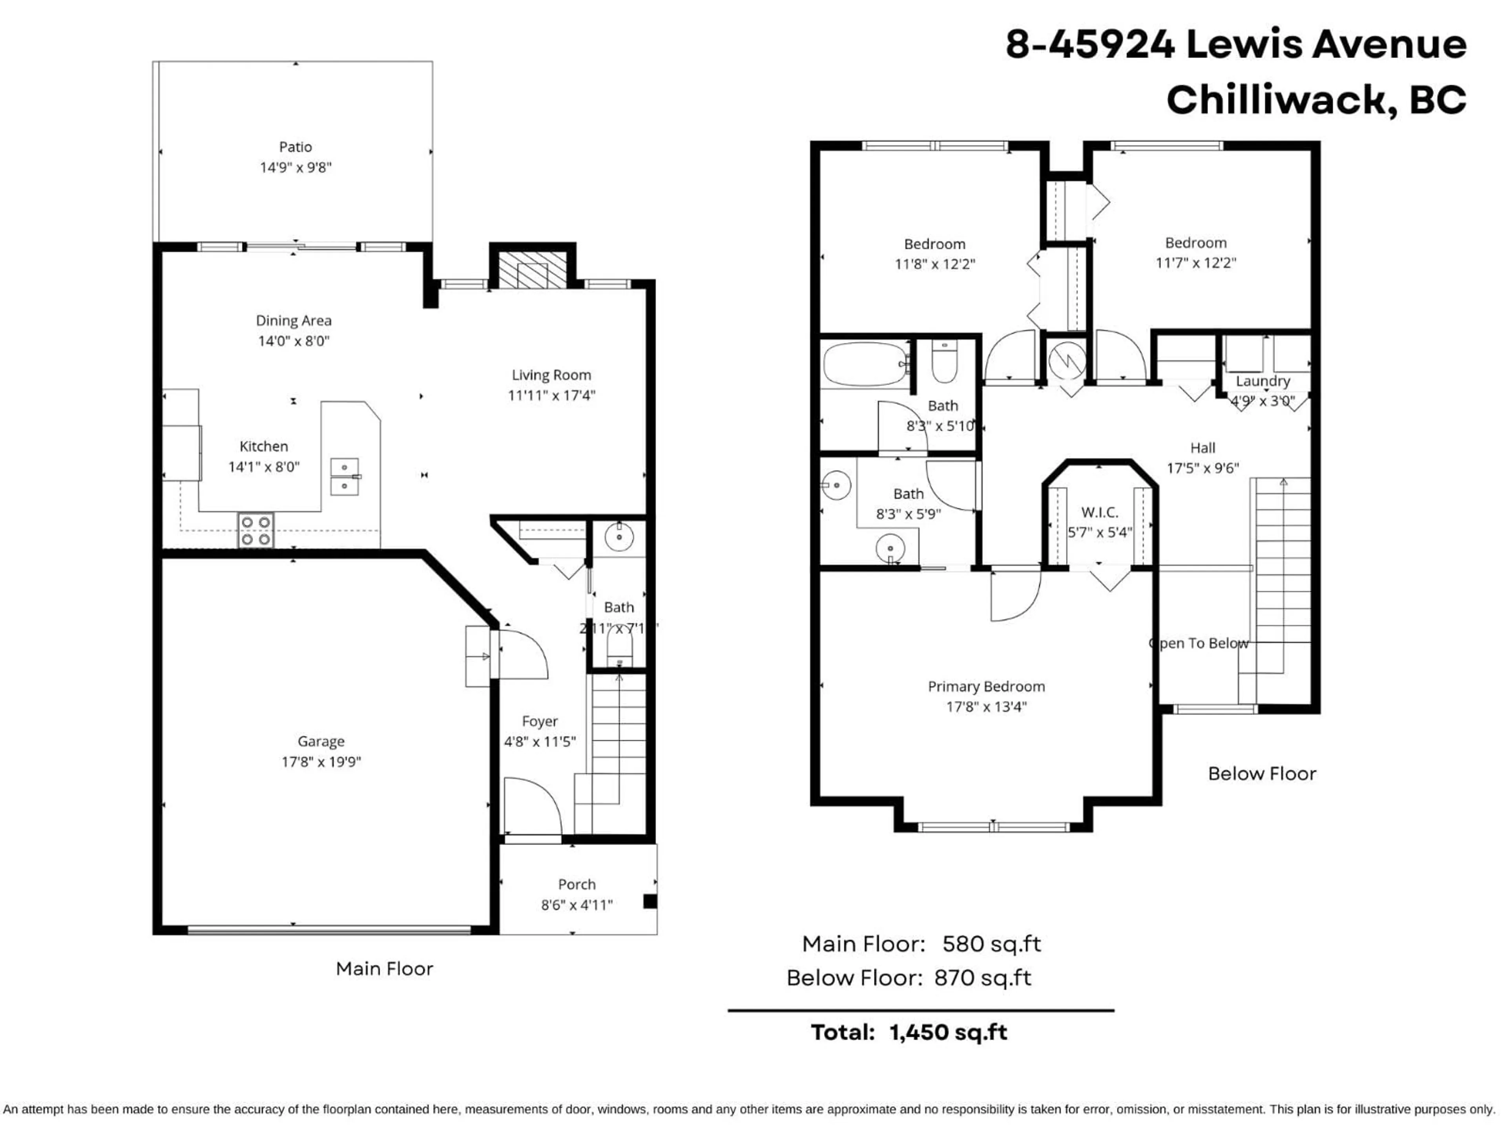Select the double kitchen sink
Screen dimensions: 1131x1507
345,476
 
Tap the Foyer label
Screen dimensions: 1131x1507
540,721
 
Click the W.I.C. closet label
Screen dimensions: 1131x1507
1099,512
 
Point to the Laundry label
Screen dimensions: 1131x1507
1263,381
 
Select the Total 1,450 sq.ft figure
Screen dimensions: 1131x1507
948,1032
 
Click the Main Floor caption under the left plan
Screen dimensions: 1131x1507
384,969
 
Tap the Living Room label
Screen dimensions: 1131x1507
551,375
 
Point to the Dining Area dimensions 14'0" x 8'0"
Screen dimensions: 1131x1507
294,341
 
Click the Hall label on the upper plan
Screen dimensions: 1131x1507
1202,448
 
